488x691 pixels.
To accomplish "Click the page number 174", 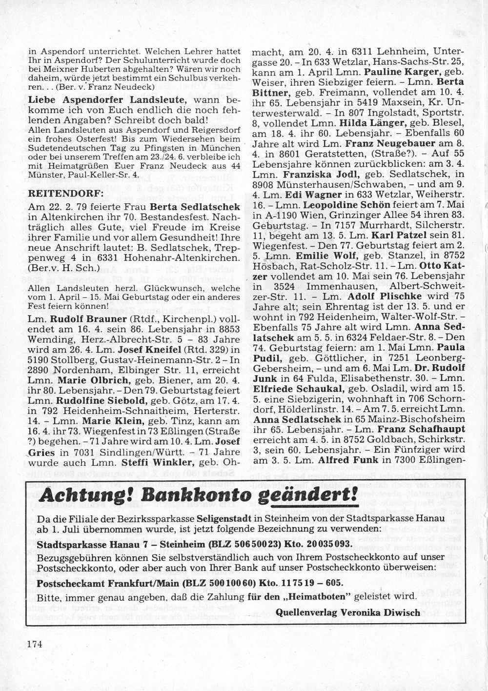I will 35,644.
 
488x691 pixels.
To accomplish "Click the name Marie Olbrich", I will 94,380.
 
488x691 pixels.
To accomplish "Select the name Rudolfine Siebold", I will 103,401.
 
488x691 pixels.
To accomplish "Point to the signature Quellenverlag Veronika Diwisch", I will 347,612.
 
